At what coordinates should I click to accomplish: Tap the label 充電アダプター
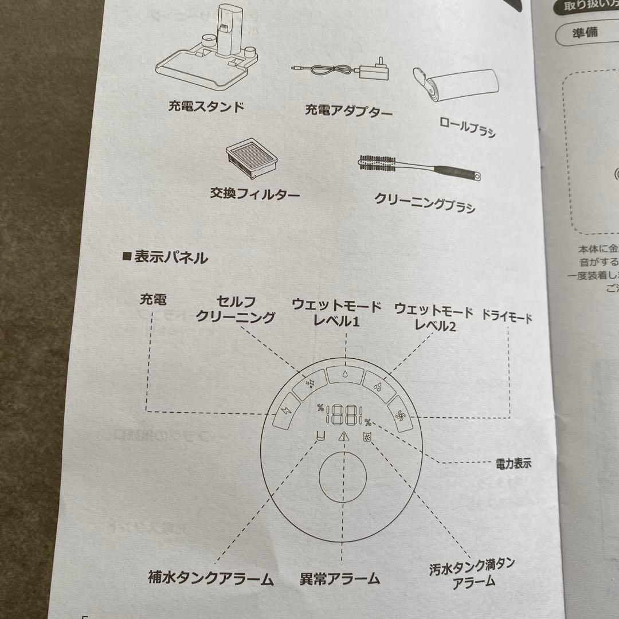click(x=348, y=111)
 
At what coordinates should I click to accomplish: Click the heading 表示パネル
click(x=166, y=257)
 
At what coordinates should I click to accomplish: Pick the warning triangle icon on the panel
click(x=342, y=437)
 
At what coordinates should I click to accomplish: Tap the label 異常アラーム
click(x=340, y=578)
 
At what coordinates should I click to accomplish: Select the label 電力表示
click(x=513, y=463)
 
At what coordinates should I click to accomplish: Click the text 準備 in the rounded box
click(x=585, y=32)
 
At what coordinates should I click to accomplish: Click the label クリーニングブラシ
click(x=424, y=202)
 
